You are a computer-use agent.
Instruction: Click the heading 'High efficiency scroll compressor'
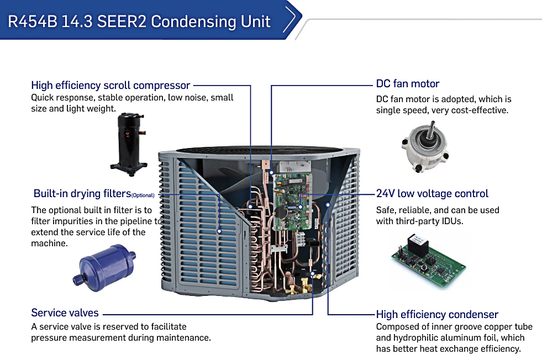pyautogui.click(x=110, y=85)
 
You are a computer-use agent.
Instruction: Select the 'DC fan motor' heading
pyautogui.click(x=408, y=84)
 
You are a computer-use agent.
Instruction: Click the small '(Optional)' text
pyautogui.click(x=143, y=195)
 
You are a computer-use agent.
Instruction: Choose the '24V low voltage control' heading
pyautogui.click(x=432, y=194)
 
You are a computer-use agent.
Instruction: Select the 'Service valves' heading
pyautogui.click(x=65, y=313)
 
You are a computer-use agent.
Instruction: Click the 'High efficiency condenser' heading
pyautogui.click(x=437, y=315)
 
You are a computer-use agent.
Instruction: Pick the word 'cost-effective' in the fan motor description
pyautogui.click(x=479, y=110)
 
